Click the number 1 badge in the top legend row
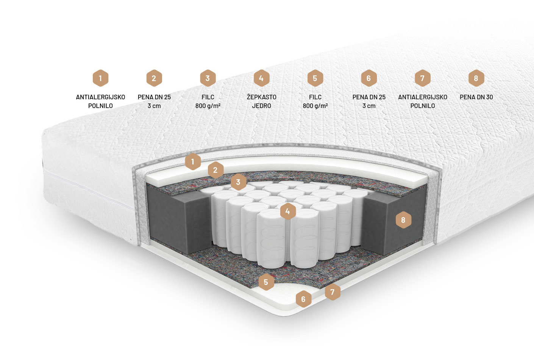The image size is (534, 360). coord(100,78)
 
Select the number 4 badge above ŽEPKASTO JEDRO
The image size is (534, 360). coord(262,78)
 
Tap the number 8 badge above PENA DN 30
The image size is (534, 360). coord(476,78)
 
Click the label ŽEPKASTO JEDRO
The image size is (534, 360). coord(262,102)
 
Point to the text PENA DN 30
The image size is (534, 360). coord(476,97)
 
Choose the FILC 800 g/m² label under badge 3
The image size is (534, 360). coord(208,102)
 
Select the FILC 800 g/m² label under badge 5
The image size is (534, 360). coord(315,102)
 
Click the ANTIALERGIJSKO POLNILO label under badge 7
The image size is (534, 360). coord(422,102)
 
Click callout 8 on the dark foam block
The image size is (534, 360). coord(403,220)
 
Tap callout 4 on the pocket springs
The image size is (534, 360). coord(288,211)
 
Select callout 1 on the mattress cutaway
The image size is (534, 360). coord(193,162)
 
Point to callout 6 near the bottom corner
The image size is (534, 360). coord(303,299)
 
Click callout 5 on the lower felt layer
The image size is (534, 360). coord(266,282)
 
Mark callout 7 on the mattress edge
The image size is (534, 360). coord(332,291)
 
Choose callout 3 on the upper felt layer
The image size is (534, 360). coord(238,182)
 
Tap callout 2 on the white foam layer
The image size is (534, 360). coord(215,170)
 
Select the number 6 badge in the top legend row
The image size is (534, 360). coord(369,78)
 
